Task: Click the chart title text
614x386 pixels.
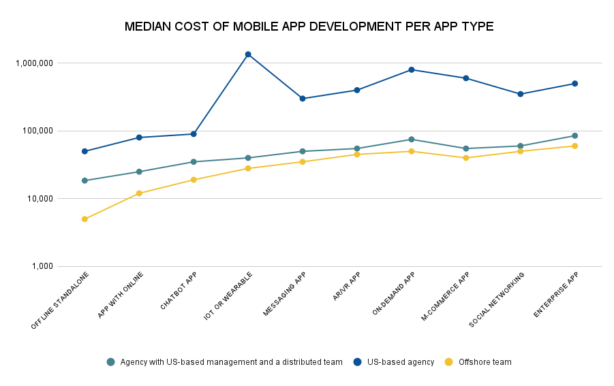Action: pyautogui.click(x=309, y=27)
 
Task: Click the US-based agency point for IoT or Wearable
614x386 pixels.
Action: pyautogui.click(x=248, y=54)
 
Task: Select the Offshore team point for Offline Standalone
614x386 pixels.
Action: pyautogui.click(x=85, y=219)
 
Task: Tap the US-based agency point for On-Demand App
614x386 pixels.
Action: pyautogui.click(x=412, y=69)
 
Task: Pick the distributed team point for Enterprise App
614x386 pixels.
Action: pyautogui.click(x=574, y=135)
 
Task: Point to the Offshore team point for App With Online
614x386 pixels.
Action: pyautogui.click(x=139, y=193)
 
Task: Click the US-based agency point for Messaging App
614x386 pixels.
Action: pyautogui.click(x=303, y=99)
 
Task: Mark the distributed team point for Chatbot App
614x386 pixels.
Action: pyautogui.click(x=194, y=162)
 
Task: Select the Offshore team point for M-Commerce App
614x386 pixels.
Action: pyautogui.click(x=466, y=158)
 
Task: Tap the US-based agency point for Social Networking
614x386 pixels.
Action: pyautogui.click(x=521, y=94)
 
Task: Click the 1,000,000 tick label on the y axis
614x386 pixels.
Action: pyautogui.click(x=33, y=63)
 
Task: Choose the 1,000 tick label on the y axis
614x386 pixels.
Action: pyautogui.click(x=40, y=267)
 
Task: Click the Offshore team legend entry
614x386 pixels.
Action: pyautogui.click(x=485, y=362)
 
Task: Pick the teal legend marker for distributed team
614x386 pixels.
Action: pyautogui.click(x=111, y=362)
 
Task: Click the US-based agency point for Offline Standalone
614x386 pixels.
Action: pyautogui.click(x=85, y=151)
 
